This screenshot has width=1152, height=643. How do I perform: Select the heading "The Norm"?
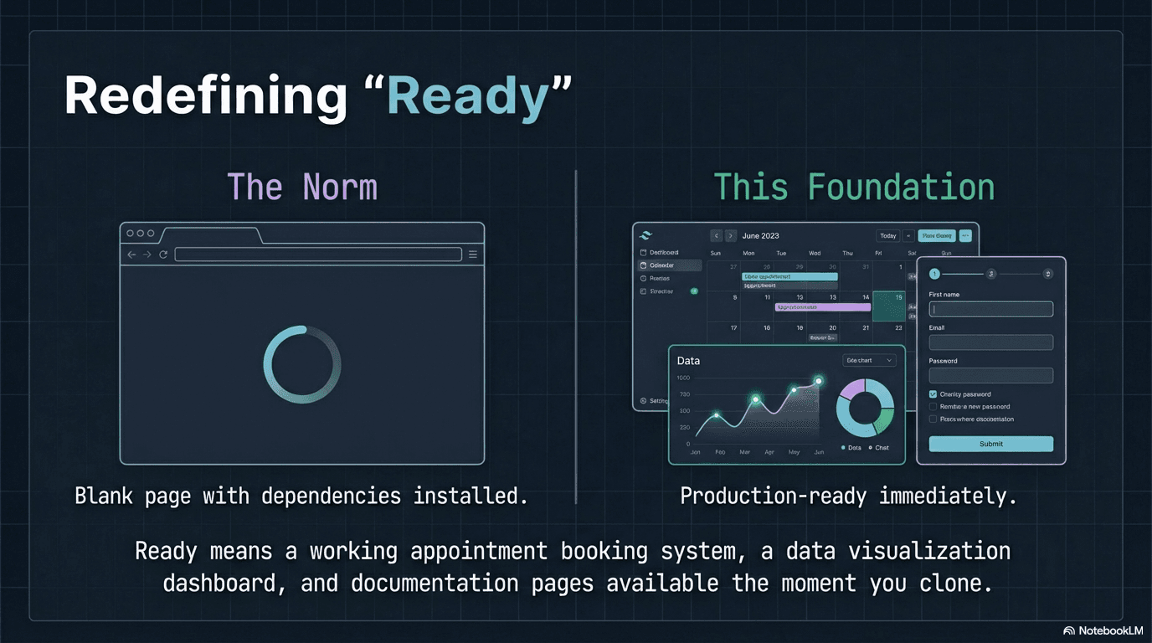(x=302, y=187)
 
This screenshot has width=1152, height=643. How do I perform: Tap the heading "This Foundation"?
(x=854, y=187)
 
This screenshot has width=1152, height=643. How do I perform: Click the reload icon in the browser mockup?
(x=163, y=255)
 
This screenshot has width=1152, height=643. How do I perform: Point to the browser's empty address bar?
(x=318, y=255)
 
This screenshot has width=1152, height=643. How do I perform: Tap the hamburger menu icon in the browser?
(x=473, y=255)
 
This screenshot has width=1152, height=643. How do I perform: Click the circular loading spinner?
(x=302, y=364)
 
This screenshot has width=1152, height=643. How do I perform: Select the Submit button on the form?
(x=990, y=444)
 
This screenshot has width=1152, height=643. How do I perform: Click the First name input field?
(x=990, y=309)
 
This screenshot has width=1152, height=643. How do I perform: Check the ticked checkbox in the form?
(x=933, y=394)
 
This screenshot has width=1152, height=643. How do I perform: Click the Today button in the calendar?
(x=887, y=236)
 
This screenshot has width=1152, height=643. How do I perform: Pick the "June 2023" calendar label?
(x=760, y=236)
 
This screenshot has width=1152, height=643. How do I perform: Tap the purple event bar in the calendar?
(x=822, y=307)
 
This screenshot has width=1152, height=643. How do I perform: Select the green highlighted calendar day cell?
(x=888, y=306)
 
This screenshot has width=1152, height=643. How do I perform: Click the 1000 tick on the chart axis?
(x=683, y=378)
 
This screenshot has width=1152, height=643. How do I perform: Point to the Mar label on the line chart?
(x=744, y=452)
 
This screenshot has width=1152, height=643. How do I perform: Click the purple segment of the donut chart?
(x=851, y=389)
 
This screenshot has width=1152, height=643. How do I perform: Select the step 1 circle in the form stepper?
(x=934, y=274)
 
